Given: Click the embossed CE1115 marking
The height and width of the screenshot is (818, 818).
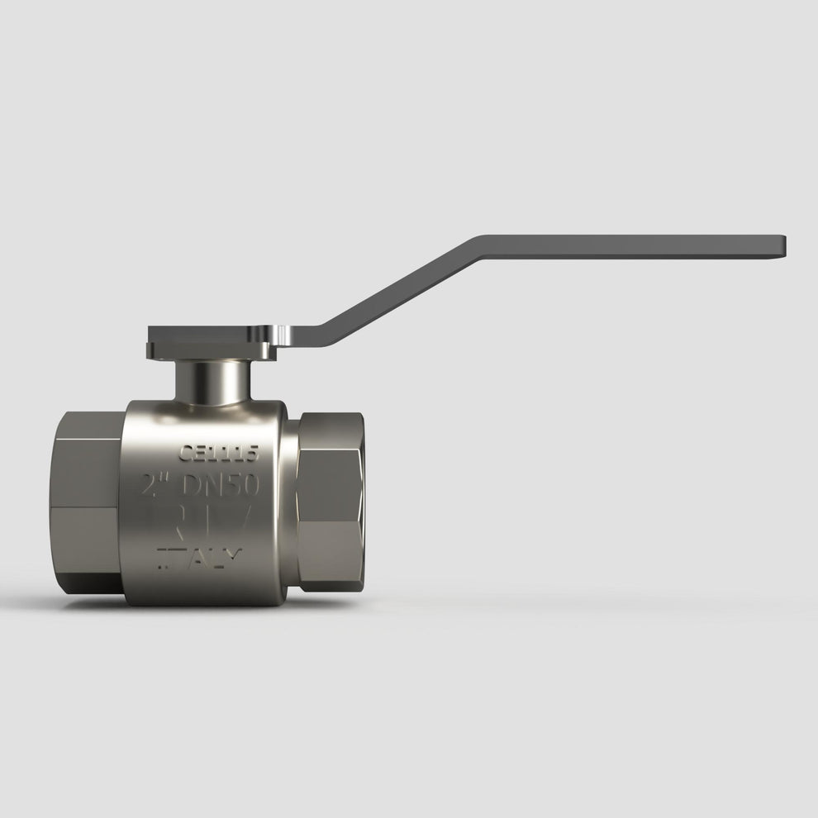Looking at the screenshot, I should coord(219,453).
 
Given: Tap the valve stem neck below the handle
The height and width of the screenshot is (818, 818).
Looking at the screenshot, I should coord(212,383).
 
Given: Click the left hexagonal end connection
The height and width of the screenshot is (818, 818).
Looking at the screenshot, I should coord(87,504).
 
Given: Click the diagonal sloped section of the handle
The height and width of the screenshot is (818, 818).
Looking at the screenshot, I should coord(397,290).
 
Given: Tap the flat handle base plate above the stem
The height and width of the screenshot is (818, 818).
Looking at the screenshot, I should coord(211,341).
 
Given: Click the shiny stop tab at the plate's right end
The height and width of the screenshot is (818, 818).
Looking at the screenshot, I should coord(283,336).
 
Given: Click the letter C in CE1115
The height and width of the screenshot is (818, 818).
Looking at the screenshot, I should coord(186,453).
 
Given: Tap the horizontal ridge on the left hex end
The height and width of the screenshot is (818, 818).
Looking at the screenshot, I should coord(87,506).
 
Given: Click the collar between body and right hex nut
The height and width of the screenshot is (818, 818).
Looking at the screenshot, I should coord(292,504).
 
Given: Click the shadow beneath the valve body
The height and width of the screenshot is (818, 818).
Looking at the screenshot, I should coord(207,610).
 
